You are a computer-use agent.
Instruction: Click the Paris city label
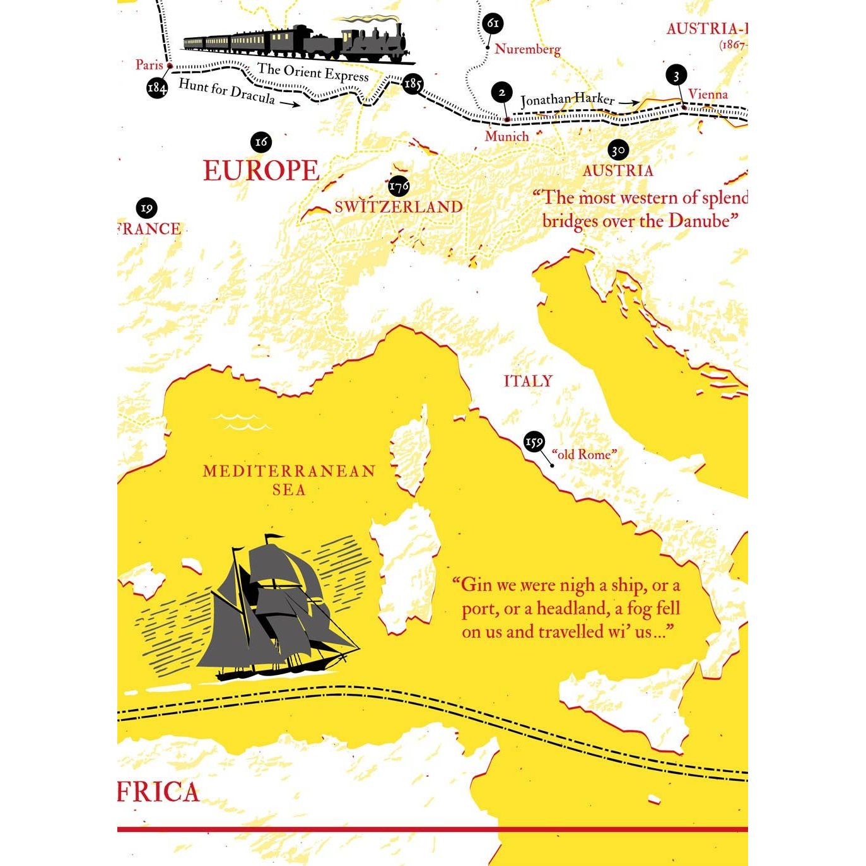coord(149,64)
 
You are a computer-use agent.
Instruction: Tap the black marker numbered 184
coord(157,88)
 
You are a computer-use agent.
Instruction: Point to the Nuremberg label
coord(527,49)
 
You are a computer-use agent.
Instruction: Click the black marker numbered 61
coord(493,25)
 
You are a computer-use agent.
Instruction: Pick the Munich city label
coord(506,136)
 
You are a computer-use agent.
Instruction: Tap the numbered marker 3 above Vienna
coord(676,76)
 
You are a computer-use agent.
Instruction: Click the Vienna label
coord(707,95)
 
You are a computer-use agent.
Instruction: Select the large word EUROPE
coord(261,171)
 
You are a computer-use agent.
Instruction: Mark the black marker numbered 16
coord(261,142)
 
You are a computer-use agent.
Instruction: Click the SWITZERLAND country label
coord(398,207)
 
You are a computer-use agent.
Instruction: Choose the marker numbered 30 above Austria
coord(617,151)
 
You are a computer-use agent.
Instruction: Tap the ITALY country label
coord(528,381)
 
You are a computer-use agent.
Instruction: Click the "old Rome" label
coord(584,454)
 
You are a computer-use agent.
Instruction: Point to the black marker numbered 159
coord(534,443)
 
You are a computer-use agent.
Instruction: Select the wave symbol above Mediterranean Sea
coord(241,421)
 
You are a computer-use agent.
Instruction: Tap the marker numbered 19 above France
coord(146,208)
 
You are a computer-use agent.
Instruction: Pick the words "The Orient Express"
coord(312,73)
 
